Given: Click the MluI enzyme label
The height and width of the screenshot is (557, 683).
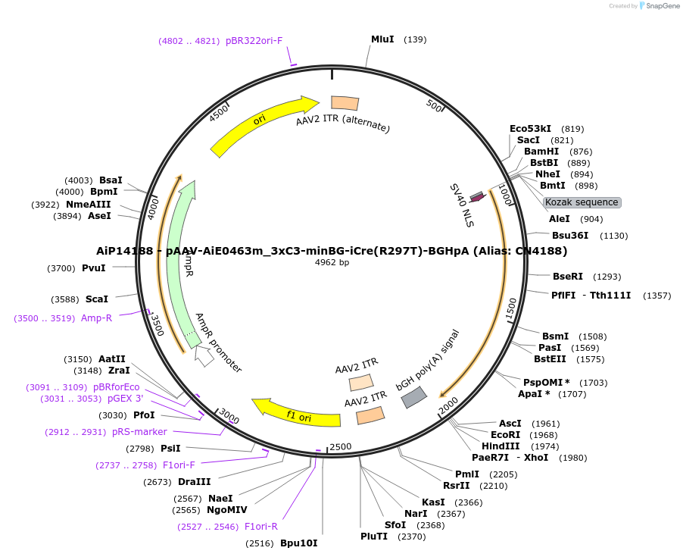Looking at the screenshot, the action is click(x=382, y=39).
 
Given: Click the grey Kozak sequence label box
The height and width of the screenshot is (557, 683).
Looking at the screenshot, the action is click(x=582, y=202).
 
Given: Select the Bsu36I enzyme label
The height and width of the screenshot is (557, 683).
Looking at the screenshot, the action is click(x=569, y=236).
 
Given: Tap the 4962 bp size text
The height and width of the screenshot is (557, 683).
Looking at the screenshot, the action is click(x=332, y=263).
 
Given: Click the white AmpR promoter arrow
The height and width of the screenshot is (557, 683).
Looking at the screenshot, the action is click(x=204, y=355).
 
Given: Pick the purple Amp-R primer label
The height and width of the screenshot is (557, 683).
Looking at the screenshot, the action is click(x=96, y=318).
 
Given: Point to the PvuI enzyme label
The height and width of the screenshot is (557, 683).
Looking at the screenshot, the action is click(x=93, y=268).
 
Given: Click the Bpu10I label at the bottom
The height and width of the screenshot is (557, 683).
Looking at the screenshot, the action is click(x=298, y=543).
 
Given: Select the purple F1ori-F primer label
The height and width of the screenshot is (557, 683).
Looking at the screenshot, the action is click(x=179, y=465).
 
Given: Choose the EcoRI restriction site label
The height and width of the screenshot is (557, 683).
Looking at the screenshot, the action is click(x=505, y=435).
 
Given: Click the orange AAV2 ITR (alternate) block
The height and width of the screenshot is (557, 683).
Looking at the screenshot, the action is click(x=345, y=103).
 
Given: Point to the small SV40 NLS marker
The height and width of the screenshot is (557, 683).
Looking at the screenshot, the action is click(x=477, y=197).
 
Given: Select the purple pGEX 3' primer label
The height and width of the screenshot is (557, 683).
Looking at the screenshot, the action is click(x=125, y=399).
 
